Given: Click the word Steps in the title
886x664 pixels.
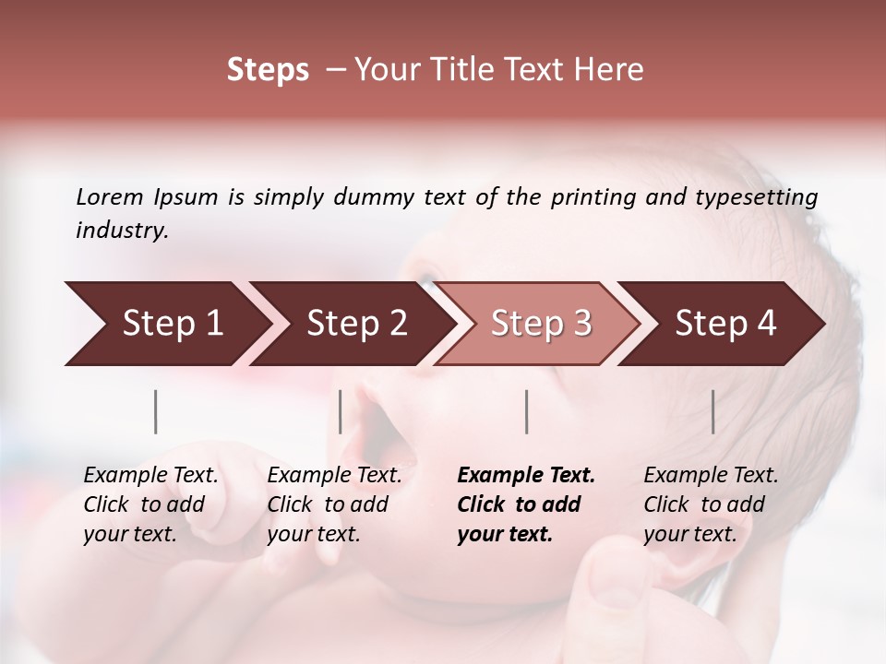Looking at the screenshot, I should click(268, 70).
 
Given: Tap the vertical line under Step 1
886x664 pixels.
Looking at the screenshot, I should click(156, 411).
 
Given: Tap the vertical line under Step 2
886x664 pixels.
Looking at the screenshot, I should click(341, 411).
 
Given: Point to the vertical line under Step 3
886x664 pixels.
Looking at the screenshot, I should click(527, 411).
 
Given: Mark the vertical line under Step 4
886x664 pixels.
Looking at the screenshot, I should click(712, 411).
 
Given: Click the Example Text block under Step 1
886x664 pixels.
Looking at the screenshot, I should click(150, 504).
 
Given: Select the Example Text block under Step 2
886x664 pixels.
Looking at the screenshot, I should click(334, 504).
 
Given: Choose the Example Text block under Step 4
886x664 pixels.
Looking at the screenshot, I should click(711, 504).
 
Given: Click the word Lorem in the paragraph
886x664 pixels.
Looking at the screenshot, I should click(110, 196).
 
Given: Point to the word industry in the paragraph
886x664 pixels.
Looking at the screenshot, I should click(122, 230).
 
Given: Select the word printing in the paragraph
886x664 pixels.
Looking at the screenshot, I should click(590, 196).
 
